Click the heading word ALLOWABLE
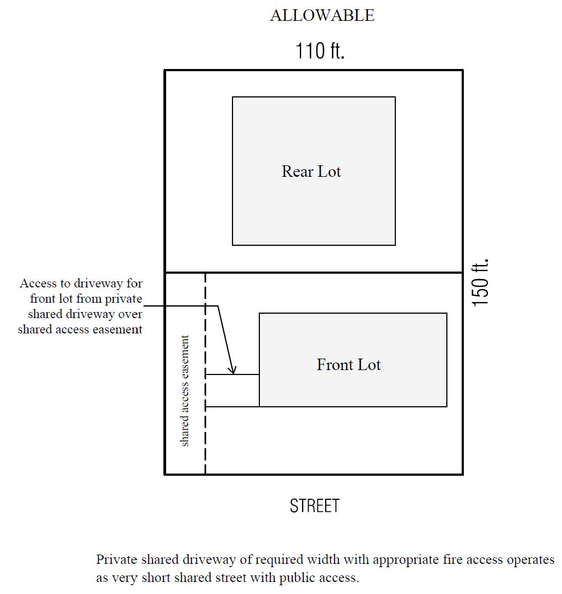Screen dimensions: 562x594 coord(322,16)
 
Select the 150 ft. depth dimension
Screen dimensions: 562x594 coord(480,282)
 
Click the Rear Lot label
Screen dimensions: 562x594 coord(311,171)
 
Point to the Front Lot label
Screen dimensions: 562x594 coord(349,365)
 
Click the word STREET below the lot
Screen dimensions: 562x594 coord(315,506)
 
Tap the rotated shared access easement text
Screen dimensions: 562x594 coord(185,391)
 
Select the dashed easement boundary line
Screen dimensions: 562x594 coord(206,438)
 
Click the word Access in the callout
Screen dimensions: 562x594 coord(38,284)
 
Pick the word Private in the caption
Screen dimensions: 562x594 coord(115,560)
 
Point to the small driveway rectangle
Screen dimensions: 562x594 coord(232,390)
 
